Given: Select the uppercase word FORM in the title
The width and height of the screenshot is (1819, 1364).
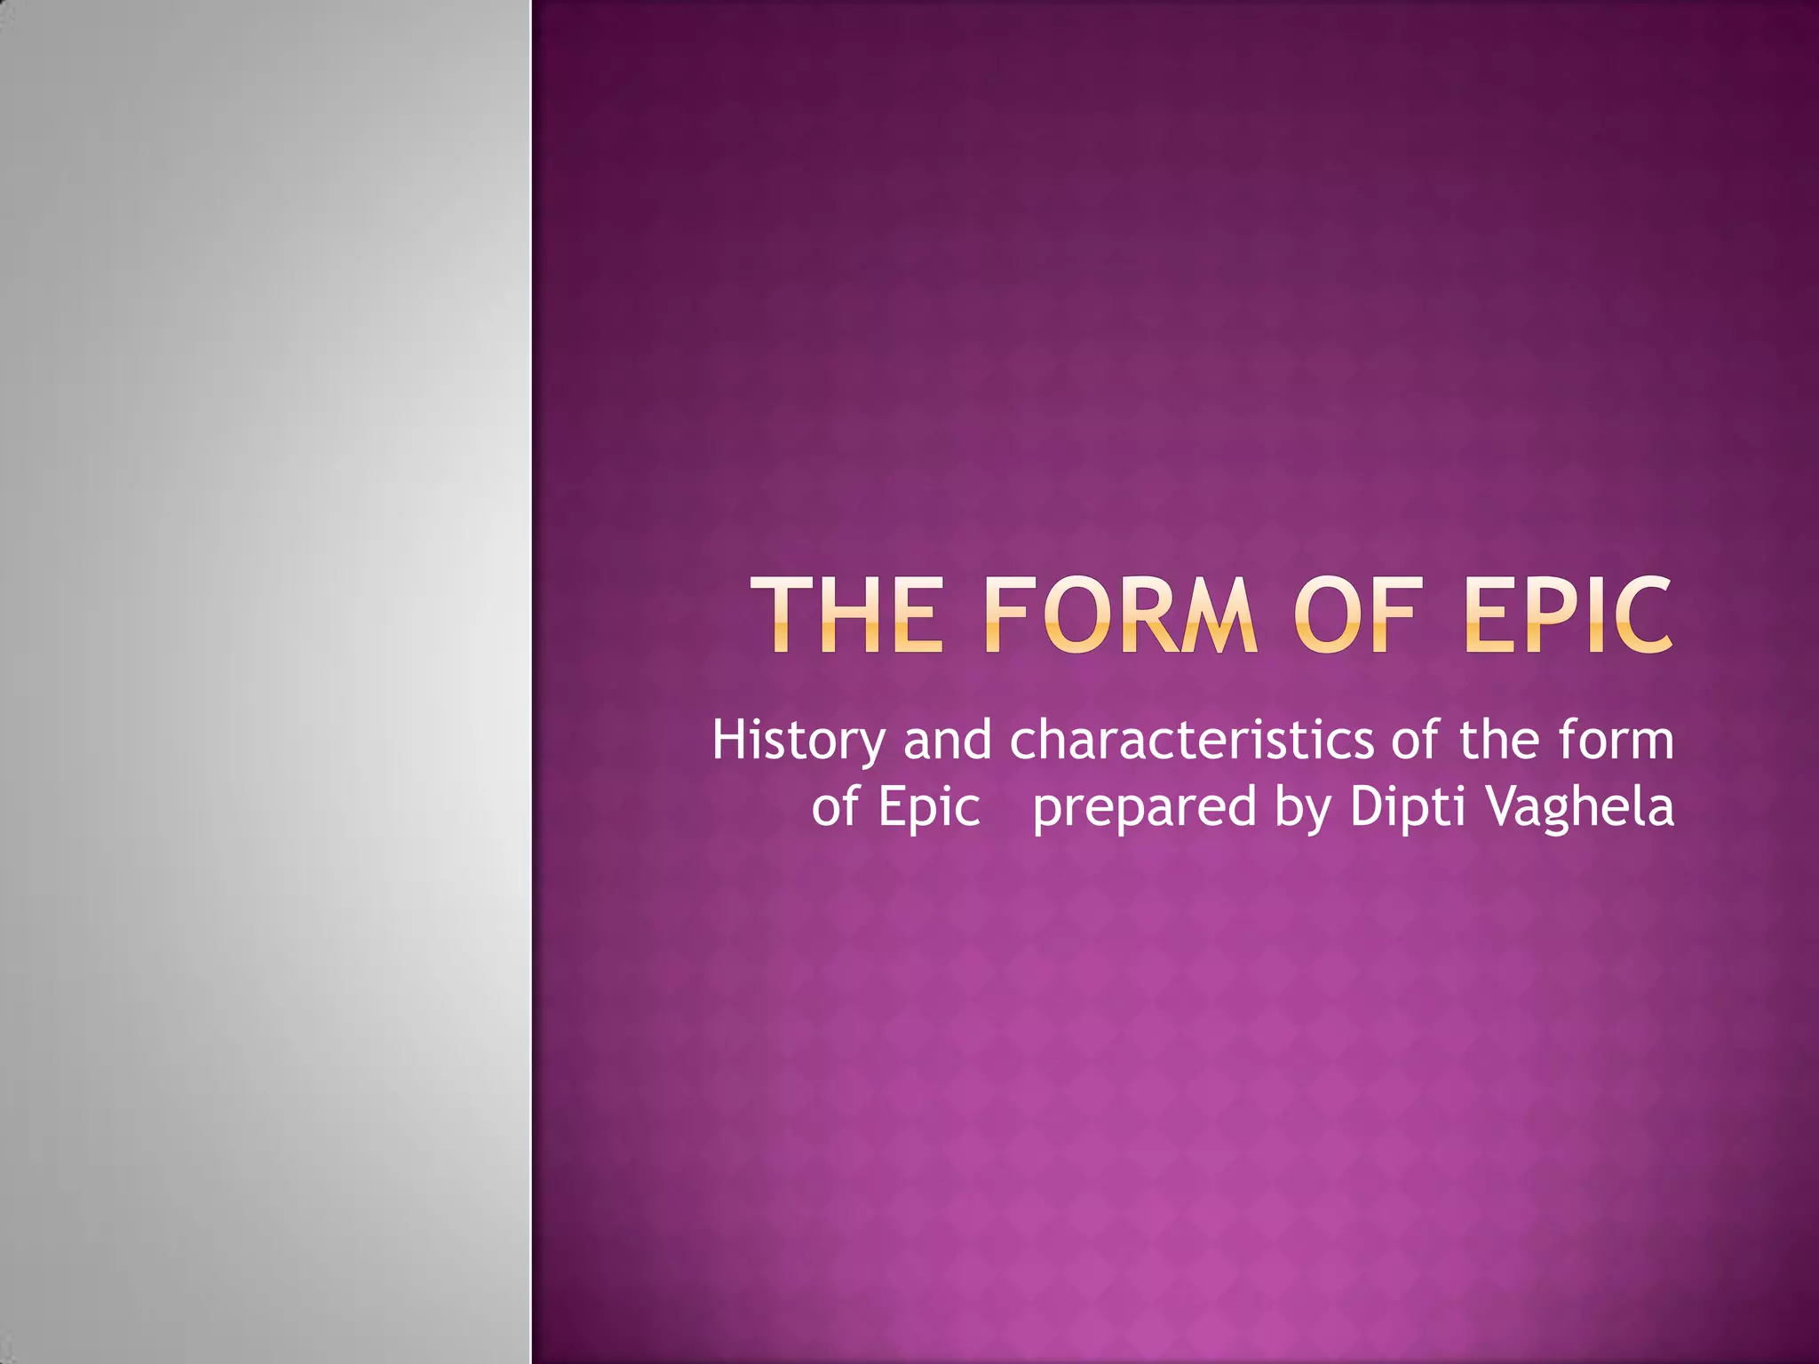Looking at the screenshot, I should [x=1121, y=615].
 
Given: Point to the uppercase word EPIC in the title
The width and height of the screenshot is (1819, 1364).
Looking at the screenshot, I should [x=1568, y=615].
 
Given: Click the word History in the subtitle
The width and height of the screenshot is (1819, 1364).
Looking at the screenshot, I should [x=798, y=741].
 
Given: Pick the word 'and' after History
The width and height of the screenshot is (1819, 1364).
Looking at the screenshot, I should [x=947, y=741].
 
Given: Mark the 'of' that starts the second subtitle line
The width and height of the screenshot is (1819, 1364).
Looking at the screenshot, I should [x=834, y=807].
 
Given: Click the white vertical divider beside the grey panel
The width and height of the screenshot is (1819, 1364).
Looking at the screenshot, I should [x=531, y=682].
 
